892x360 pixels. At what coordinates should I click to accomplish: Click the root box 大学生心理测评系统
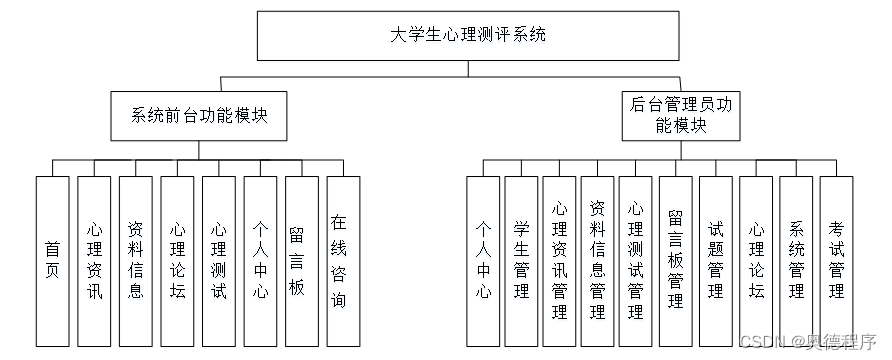coord(468,36)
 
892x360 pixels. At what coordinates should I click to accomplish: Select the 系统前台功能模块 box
coord(199,116)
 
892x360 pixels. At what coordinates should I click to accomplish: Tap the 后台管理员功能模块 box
coord(681,116)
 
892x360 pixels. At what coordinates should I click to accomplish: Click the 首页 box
coord(52,261)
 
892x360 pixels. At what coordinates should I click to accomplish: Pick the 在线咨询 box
coord(344,261)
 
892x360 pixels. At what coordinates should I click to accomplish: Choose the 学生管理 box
coord(521,261)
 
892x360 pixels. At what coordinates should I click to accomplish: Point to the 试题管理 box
coord(716,261)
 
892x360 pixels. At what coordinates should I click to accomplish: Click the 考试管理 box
coord(836,261)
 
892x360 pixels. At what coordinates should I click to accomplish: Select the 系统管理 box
coord(796,261)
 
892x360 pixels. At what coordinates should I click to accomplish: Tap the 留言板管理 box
coord(676,261)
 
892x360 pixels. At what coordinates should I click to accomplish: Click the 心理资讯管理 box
coord(559,261)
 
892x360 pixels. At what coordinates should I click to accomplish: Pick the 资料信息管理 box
coord(597,261)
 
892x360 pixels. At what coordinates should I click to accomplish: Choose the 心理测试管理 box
coord(635,261)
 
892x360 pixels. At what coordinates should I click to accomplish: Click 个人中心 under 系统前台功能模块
coord(261,261)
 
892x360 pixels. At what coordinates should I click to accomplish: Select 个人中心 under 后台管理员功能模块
coord(483,261)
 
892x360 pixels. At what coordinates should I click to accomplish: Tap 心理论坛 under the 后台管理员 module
coord(756,261)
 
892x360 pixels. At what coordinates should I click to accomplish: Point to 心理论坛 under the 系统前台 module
coord(177,261)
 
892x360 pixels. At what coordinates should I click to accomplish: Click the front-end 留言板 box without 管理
coord(302,261)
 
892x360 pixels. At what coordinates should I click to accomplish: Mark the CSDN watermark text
coord(808,341)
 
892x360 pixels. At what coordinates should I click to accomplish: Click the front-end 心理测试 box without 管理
coord(218,261)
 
